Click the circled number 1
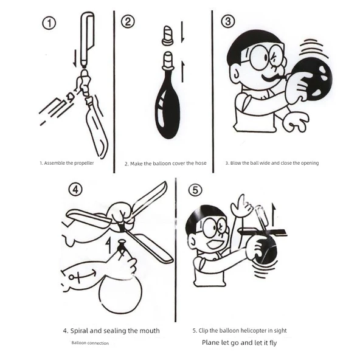click(x=49, y=24)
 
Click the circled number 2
click(x=128, y=22)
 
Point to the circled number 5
click(x=195, y=190)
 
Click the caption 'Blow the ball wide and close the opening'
click(x=272, y=163)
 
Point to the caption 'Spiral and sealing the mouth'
click(x=111, y=331)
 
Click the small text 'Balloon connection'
click(x=90, y=344)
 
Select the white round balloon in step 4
click(x=120, y=295)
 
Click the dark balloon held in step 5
click(x=266, y=250)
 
